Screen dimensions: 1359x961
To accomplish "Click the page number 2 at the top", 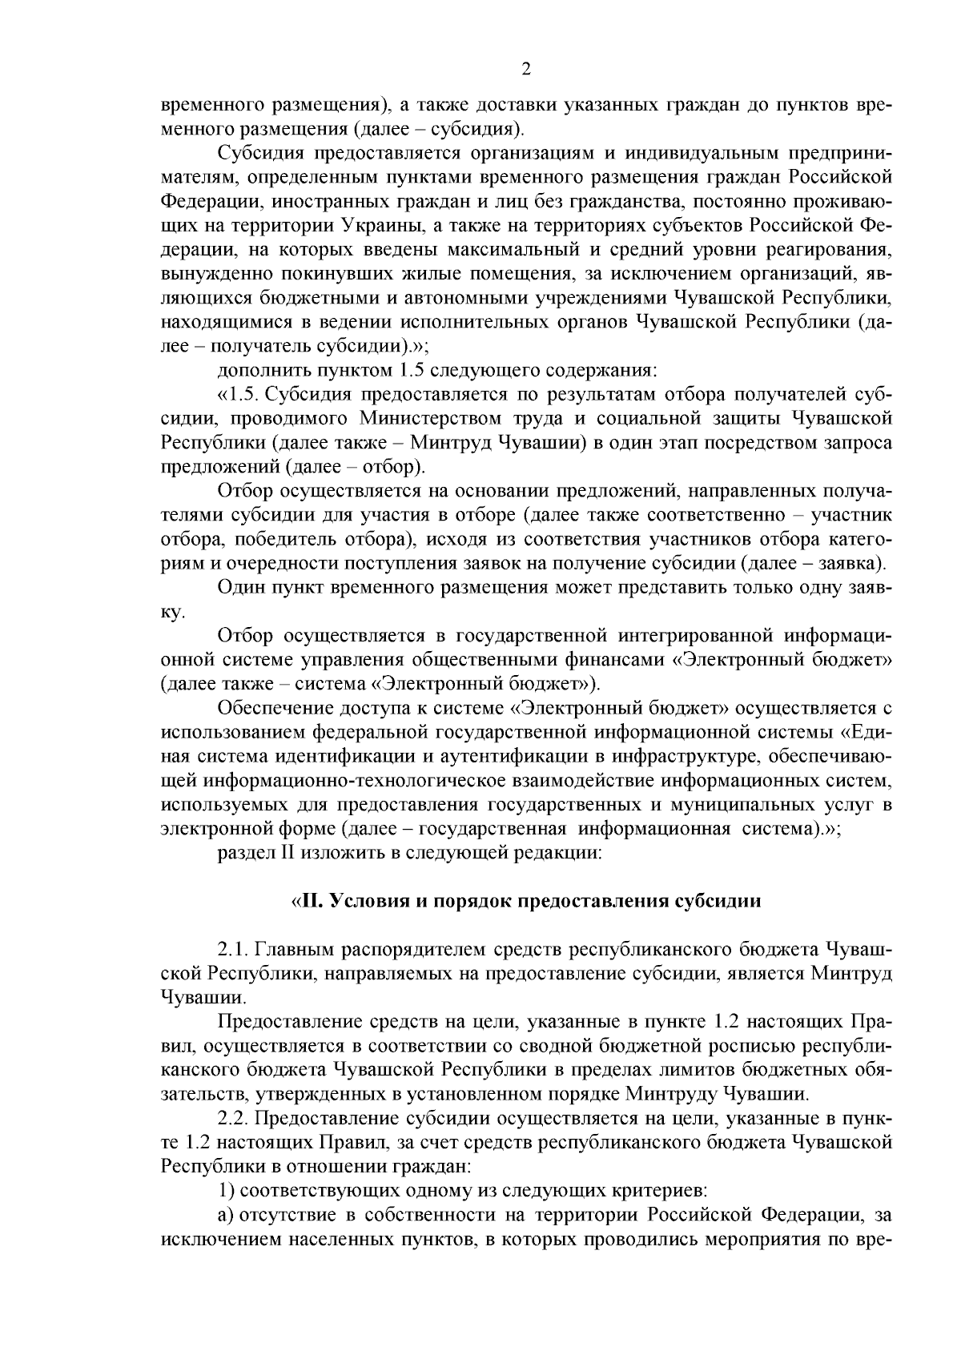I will pos(526,70).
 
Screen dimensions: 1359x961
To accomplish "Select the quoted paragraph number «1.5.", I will pos(239,395).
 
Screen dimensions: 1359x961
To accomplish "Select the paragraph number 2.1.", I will pos(235,951).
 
